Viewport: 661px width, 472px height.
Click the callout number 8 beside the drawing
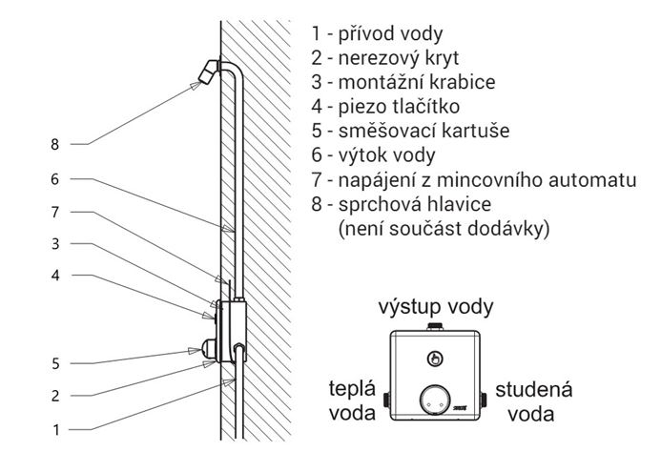(x=54, y=145)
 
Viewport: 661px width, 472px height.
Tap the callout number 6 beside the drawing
(x=54, y=179)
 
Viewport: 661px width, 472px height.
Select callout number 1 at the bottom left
(x=55, y=430)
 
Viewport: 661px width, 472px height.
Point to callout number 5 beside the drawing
(x=55, y=363)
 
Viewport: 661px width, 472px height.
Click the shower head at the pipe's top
(x=208, y=72)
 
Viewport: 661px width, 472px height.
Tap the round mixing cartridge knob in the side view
(x=209, y=349)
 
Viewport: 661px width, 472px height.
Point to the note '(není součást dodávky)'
(x=444, y=229)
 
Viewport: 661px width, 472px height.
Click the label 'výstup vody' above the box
(x=436, y=307)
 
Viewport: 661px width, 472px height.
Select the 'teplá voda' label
(x=352, y=400)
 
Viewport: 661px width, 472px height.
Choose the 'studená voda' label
(x=534, y=401)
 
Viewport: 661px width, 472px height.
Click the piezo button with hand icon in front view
(x=435, y=359)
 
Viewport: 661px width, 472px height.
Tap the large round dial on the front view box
(x=435, y=401)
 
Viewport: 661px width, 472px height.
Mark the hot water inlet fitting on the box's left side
(x=386, y=400)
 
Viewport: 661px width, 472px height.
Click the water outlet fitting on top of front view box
(x=435, y=327)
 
